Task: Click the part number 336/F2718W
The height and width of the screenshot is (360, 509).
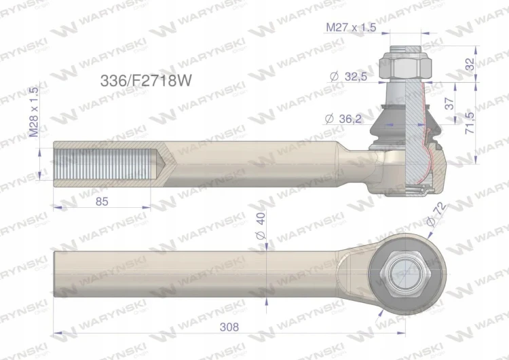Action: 146,81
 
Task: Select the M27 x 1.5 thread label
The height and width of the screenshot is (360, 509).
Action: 351,27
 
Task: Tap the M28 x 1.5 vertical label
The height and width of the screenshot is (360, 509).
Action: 34,112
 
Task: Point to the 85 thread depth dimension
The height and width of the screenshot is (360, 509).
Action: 102,202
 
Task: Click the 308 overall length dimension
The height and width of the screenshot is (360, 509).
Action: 229,327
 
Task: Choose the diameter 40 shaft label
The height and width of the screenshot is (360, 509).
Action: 261,226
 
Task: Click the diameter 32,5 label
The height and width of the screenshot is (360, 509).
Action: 348,77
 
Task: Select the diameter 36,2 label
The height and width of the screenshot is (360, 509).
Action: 343,119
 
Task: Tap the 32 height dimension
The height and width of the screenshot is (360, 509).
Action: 470,64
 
